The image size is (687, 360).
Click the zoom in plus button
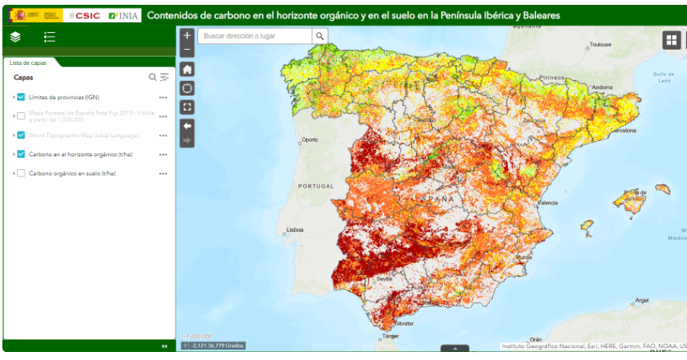click(x=187, y=35)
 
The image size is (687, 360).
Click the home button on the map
click(x=187, y=70)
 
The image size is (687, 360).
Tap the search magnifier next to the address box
click(x=320, y=36)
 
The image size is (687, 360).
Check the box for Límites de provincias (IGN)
click(x=21, y=97)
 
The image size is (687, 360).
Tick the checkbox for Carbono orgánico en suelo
click(x=21, y=173)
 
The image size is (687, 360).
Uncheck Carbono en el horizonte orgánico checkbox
click(x=21, y=154)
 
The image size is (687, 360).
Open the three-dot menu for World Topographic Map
click(x=163, y=135)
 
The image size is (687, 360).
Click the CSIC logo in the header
click(x=83, y=15)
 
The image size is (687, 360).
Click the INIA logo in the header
click(x=123, y=15)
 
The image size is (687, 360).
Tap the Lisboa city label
click(x=295, y=230)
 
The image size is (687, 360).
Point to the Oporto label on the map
click(x=309, y=140)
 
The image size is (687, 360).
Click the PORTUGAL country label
click(x=315, y=186)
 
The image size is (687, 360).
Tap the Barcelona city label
click(x=624, y=130)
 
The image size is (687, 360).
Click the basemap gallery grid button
click(x=671, y=40)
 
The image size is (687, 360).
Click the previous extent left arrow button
click(x=187, y=126)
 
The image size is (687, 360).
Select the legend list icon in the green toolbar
click(x=50, y=37)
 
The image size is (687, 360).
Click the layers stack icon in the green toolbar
click(x=15, y=37)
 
